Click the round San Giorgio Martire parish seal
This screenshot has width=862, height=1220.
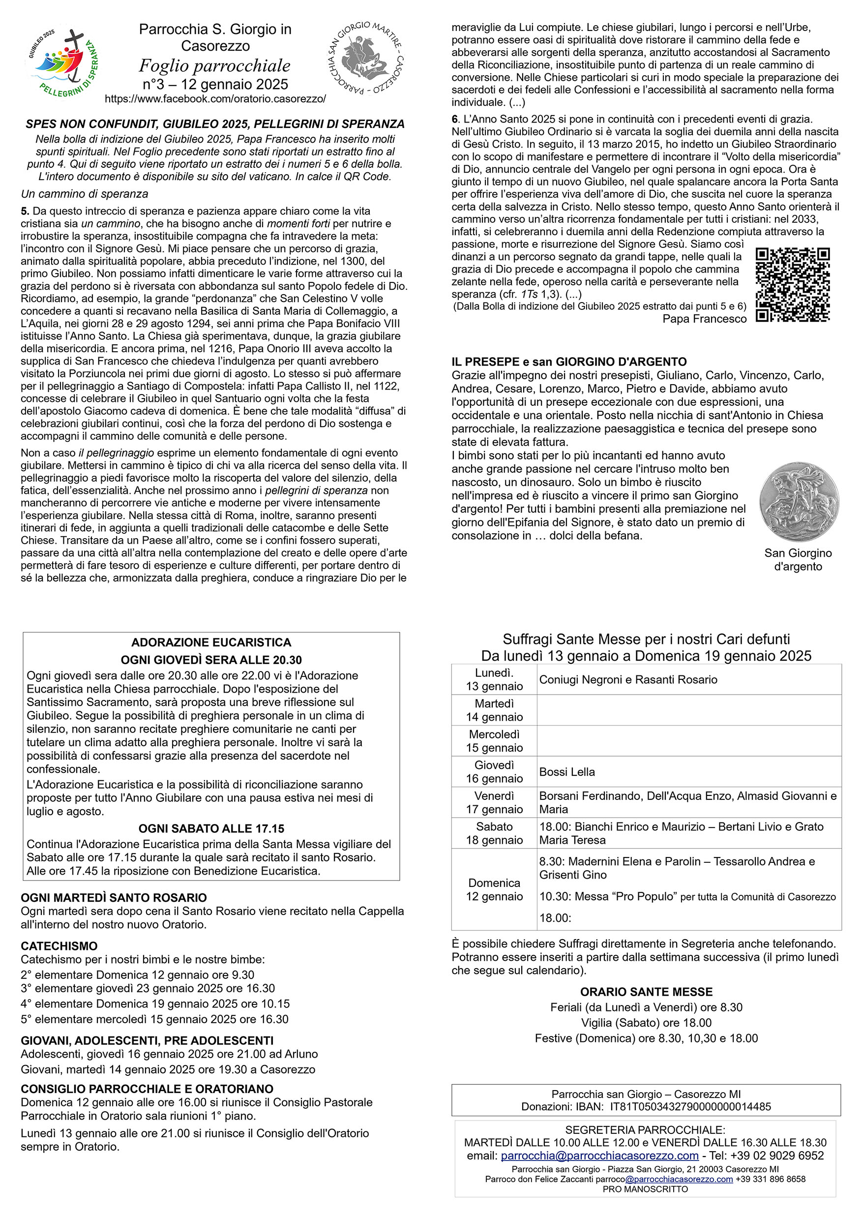tap(365, 58)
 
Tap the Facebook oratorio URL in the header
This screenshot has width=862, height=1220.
tap(215, 99)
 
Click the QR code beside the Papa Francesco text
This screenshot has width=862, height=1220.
tap(793, 285)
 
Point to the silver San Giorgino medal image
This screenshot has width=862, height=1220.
tap(799, 502)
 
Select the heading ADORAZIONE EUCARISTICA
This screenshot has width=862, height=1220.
tap(211, 642)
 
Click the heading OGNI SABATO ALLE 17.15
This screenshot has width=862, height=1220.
tap(211, 828)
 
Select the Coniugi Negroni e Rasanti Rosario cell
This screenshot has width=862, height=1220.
tap(628, 679)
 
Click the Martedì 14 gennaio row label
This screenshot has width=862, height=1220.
tap(495, 710)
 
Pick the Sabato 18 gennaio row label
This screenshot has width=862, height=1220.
tap(495, 833)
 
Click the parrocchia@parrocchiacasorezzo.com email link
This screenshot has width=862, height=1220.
tap(599, 1156)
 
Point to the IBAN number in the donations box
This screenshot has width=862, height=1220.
tap(690, 1107)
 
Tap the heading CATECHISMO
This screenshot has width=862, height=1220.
tap(59, 946)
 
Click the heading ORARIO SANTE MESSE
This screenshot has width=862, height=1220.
tap(646, 992)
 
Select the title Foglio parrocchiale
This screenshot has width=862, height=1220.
tap(214, 66)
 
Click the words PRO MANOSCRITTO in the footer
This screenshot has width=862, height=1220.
tap(645, 1189)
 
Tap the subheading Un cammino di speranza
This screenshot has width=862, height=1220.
tap(85, 194)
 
